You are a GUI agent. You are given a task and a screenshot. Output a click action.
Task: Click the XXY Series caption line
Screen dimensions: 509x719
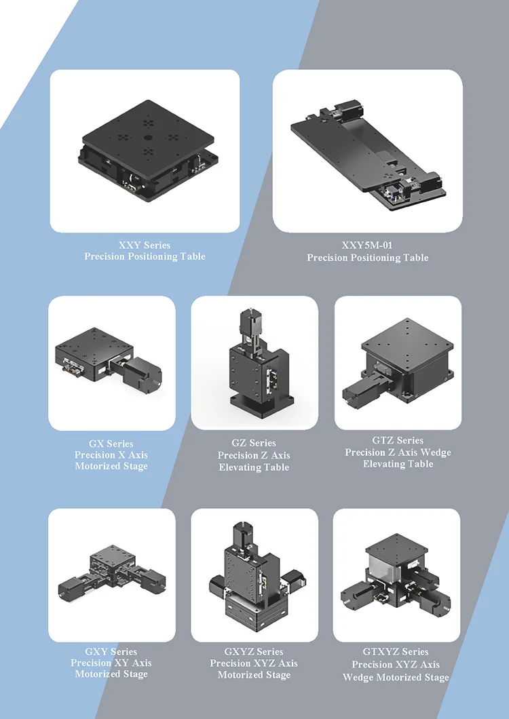[x=145, y=246]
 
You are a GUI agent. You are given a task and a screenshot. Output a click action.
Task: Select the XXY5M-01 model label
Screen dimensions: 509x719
[x=367, y=246]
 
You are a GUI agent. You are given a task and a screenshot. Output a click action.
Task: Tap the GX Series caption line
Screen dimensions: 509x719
[x=111, y=444]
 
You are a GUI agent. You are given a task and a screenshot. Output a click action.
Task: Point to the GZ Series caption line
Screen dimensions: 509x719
[x=254, y=443]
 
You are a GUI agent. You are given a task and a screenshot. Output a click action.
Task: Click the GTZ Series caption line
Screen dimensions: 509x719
[x=398, y=440]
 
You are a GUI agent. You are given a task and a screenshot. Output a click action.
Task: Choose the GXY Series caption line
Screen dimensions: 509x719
[x=111, y=652]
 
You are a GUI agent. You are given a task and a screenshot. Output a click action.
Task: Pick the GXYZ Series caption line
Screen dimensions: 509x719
[x=254, y=652]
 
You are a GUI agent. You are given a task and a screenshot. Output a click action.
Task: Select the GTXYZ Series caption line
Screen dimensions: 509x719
[x=396, y=652]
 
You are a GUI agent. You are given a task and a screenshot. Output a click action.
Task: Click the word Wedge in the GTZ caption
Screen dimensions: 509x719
[x=436, y=452]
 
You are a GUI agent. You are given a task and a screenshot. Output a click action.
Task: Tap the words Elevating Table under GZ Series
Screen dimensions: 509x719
[x=254, y=468]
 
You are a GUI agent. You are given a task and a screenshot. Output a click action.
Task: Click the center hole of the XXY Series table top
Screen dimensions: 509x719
[x=147, y=137]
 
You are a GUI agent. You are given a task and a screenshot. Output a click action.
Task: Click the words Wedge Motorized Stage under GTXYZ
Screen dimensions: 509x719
[x=396, y=677]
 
